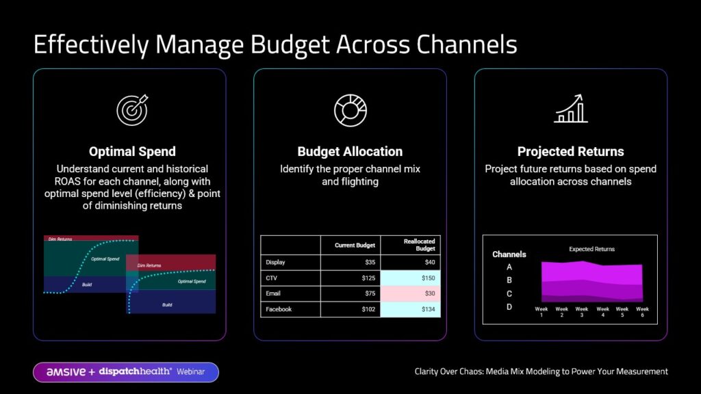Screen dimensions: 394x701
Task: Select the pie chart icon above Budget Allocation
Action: tap(350, 109)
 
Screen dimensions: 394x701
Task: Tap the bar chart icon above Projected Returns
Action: tap(571, 109)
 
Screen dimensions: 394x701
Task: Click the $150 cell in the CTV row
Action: tap(410, 278)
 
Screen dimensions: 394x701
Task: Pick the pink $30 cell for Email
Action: tap(410, 293)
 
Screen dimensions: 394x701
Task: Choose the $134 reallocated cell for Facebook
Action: tap(410, 309)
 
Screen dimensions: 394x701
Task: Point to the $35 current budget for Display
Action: tap(350, 262)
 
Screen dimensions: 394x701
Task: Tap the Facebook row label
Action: tap(278, 309)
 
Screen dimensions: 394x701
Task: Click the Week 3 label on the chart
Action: tap(582, 312)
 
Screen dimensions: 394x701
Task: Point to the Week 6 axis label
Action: tap(642, 312)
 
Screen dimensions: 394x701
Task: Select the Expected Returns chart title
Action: tap(591, 250)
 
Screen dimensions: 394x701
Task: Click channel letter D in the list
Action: tap(509, 307)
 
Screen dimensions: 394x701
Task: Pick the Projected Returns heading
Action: tap(570, 152)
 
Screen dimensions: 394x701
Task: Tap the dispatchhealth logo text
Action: tap(135, 371)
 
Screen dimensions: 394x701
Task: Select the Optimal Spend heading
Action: tap(132, 152)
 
